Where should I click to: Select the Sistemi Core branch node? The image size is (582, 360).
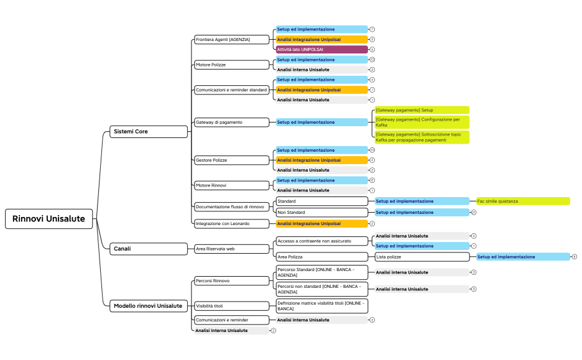pyautogui.click(x=149, y=132)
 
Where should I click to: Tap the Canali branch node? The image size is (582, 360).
pyautogui.click(x=149, y=249)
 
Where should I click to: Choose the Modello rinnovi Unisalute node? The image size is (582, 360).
pyautogui.click(x=149, y=306)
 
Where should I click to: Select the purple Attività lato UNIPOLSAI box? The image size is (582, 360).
pyautogui.click(x=322, y=49)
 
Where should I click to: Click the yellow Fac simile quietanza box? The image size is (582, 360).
pyautogui.click(x=523, y=201)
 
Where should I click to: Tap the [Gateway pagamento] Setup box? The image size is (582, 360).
pyautogui.click(x=421, y=110)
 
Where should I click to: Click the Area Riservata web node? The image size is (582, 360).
pyautogui.click(x=231, y=249)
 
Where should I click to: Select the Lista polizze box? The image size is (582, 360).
pyautogui.click(x=422, y=257)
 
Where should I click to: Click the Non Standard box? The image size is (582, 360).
pyautogui.click(x=321, y=213)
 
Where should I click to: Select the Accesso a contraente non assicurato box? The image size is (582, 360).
pyautogui.click(x=321, y=241)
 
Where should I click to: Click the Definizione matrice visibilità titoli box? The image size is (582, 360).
pyautogui.click(x=321, y=306)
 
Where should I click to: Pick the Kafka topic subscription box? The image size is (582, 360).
pyautogui.click(x=421, y=137)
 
